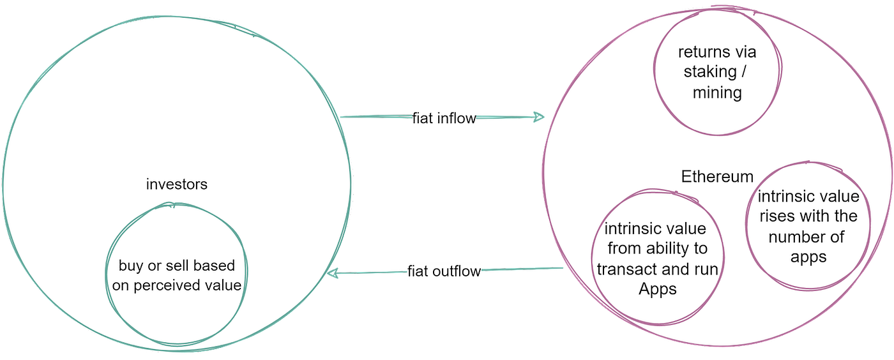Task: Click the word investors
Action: click(x=177, y=184)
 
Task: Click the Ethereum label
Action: click(x=717, y=176)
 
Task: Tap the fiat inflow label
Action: click(x=444, y=118)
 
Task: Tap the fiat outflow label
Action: click(x=444, y=271)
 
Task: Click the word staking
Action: click(x=710, y=72)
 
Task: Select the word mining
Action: click(x=717, y=93)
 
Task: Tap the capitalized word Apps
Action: click(x=658, y=289)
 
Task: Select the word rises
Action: click(x=776, y=216)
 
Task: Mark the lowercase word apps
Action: click(x=808, y=257)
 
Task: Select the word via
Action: click(x=748, y=52)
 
